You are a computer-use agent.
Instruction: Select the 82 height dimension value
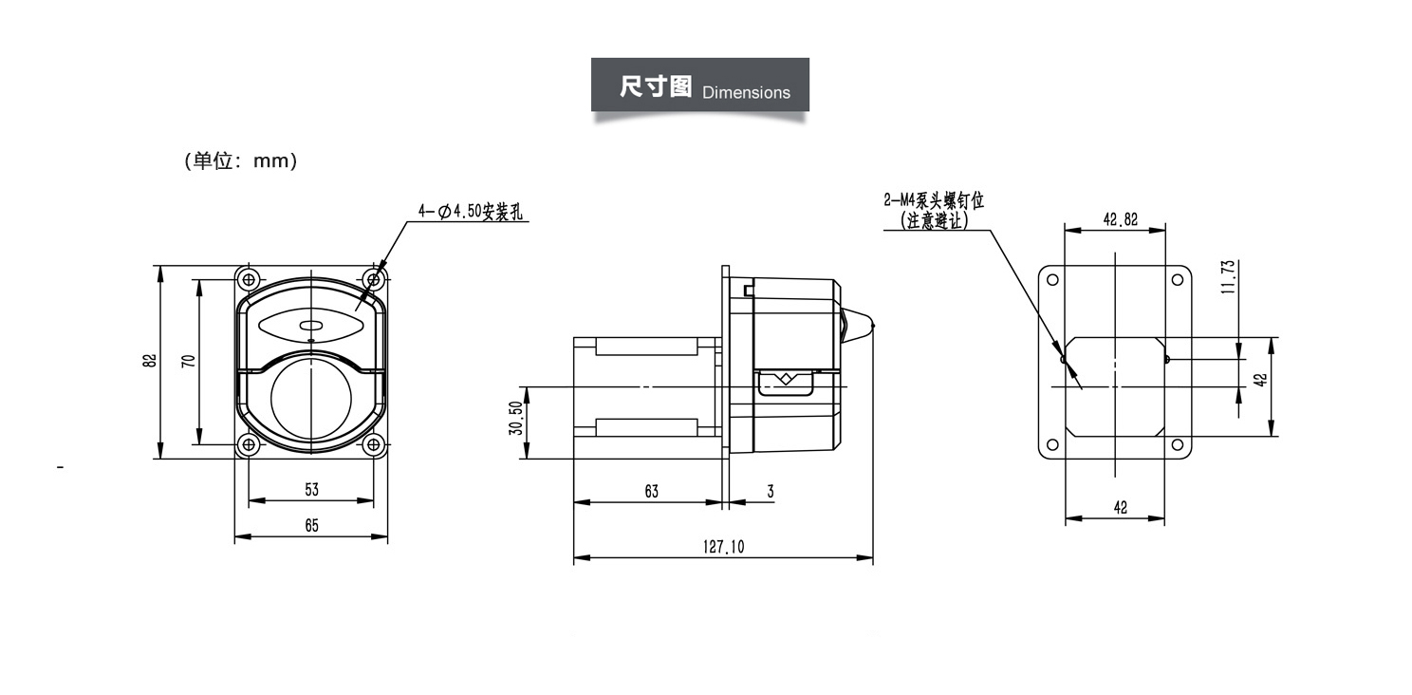click(149, 361)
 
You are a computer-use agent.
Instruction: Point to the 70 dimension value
click(188, 361)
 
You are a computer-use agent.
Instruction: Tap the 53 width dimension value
click(311, 490)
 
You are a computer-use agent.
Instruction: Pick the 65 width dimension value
click(311, 525)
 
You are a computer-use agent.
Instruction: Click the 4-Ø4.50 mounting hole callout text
click(470, 211)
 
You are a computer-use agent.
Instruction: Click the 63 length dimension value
click(651, 491)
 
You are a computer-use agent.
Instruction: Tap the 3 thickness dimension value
click(770, 491)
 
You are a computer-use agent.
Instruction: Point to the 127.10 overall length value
click(723, 547)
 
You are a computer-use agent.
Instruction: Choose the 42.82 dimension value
click(1120, 218)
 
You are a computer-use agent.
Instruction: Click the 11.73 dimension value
click(1227, 277)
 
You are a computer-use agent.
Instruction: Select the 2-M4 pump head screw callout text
click(934, 201)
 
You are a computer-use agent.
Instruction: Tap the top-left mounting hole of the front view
click(250, 279)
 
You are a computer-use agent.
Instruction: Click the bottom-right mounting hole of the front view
click(374, 443)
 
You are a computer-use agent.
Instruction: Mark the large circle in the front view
click(310, 398)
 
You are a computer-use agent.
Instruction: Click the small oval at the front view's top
click(310, 328)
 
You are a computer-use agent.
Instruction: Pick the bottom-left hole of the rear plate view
click(1051, 444)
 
